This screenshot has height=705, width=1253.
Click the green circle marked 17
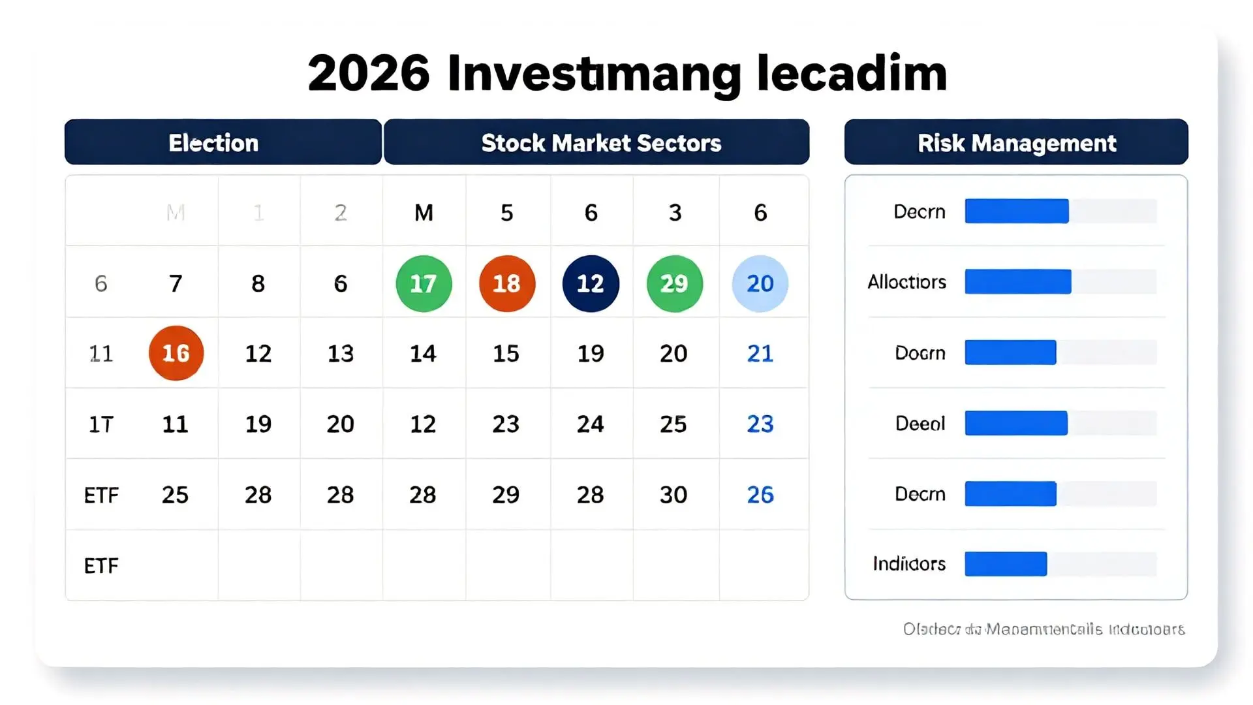tap(424, 283)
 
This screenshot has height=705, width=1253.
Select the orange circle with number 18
tap(507, 283)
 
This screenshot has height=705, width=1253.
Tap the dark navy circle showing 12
tap(591, 283)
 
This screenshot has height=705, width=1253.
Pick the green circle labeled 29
tap(674, 283)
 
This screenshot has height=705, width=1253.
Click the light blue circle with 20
tap(760, 283)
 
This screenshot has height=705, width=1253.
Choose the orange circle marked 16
tap(176, 353)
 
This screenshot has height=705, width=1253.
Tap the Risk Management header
tap(1016, 142)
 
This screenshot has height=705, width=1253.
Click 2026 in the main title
tap(369, 73)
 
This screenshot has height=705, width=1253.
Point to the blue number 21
tap(760, 353)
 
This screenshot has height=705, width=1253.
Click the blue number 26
tap(760, 495)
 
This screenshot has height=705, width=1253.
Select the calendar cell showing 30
tap(673, 495)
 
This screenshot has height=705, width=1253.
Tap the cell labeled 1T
tap(101, 424)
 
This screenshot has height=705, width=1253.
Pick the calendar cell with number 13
tap(341, 353)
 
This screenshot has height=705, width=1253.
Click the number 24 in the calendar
tap(591, 424)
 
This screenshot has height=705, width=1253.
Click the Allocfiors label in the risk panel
tap(907, 282)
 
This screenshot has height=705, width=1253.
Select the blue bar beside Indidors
tap(1006, 564)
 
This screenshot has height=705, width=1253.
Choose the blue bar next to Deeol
tap(1016, 423)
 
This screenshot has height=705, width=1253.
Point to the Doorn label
tap(920, 353)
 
